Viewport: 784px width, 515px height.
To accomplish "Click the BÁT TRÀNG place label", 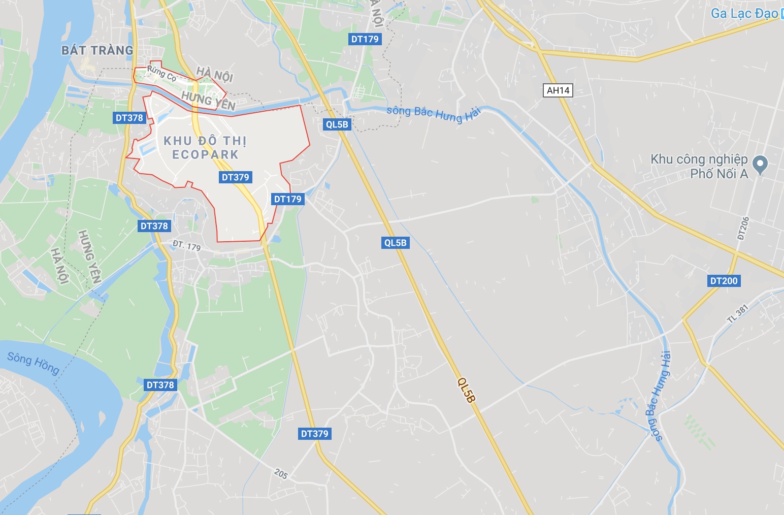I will point(97,50).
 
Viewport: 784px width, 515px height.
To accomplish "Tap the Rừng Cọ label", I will point(161,74).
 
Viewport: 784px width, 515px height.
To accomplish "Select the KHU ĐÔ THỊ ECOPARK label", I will point(205,147).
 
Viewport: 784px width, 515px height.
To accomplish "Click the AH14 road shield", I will point(558,90).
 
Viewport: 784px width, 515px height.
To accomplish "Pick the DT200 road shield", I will point(724,281).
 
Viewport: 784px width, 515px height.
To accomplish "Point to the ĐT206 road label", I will point(743,228).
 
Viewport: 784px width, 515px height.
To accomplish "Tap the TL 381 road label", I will point(738,313).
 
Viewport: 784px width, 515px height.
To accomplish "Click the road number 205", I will point(281,474).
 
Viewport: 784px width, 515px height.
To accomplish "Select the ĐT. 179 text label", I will point(186,246).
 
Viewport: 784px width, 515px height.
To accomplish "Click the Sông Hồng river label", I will point(33,363).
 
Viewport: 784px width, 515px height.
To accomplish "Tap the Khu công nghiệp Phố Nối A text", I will point(699,167).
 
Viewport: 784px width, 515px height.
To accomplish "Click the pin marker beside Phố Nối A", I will point(760,164).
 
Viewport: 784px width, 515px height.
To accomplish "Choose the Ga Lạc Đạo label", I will point(744,13).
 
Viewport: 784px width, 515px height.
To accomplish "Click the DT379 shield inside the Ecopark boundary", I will point(236,177).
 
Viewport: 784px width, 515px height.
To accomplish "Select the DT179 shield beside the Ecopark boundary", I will point(288,199).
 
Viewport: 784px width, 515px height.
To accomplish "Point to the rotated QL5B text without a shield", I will point(466,390).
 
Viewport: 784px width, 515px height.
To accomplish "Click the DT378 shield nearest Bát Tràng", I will point(129,118).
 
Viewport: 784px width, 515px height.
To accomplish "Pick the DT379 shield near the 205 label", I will point(315,434).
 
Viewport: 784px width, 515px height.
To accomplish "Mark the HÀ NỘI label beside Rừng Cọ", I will point(215,74).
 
